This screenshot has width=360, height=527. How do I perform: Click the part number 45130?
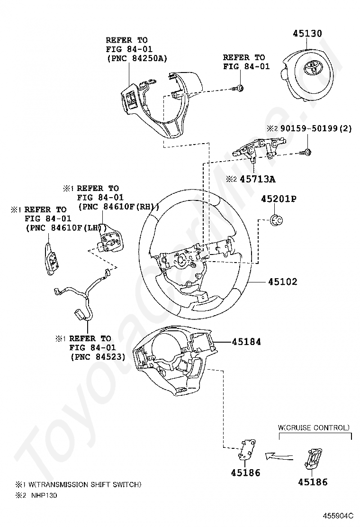[307, 33]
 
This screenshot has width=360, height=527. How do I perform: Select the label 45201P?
[279, 199]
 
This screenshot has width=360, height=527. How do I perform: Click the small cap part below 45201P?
[277, 220]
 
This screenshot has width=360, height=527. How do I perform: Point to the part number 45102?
[283, 282]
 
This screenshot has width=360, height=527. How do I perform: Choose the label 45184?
[246, 342]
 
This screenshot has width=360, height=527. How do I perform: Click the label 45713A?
[258, 179]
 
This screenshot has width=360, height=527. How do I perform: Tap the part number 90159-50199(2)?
[316, 128]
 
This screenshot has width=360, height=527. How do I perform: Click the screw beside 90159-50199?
[306, 152]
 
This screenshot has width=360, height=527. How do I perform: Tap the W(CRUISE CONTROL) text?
[314, 428]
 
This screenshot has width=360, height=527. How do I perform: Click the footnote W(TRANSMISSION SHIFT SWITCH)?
[85, 484]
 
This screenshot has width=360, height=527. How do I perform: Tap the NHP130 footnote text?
[44, 495]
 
